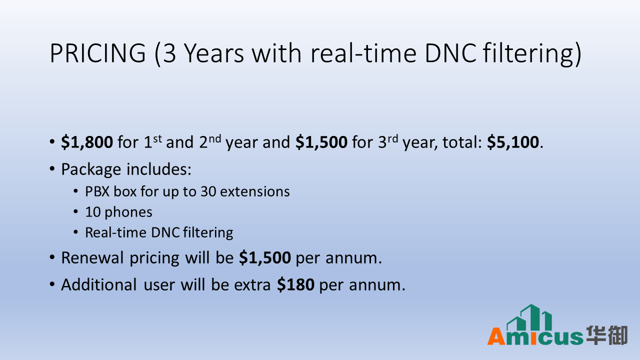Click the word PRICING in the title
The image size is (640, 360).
[x=98, y=53]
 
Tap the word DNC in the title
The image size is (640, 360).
[x=451, y=53]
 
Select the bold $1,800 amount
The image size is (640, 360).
[x=87, y=142]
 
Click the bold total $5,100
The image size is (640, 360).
[x=513, y=142]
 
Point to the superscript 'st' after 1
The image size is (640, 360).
[x=157, y=139]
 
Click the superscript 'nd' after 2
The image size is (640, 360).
[x=215, y=139]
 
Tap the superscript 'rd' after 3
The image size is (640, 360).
[x=393, y=139]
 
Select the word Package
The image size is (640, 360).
[x=91, y=169]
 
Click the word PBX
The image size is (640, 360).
[x=97, y=191]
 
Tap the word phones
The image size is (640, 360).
[x=128, y=212]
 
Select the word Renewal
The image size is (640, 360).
[x=92, y=257]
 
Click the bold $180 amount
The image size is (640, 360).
[x=295, y=284]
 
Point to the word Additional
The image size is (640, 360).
[x=99, y=285]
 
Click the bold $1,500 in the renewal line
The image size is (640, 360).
[x=265, y=257]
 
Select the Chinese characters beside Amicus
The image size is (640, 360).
[x=607, y=335]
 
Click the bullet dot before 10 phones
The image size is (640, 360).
[x=75, y=211]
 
